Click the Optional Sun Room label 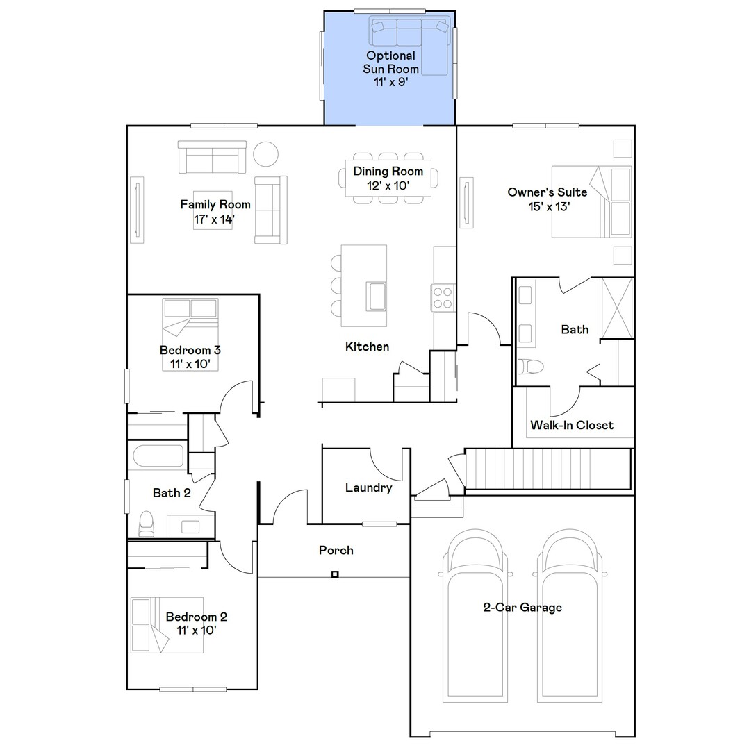[390, 69]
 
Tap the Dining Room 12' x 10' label [388, 178]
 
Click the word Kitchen [367, 347]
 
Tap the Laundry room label [368, 488]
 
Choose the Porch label [336, 551]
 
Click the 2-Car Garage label [522, 608]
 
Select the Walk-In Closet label [572, 425]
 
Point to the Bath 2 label [172, 493]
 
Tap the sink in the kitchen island [376, 297]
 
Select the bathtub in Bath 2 [158, 456]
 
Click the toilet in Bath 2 [146, 524]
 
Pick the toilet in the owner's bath [531, 367]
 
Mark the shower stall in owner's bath [617, 308]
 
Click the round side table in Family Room [265, 154]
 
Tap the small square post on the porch [335, 574]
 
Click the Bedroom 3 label [190, 357]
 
